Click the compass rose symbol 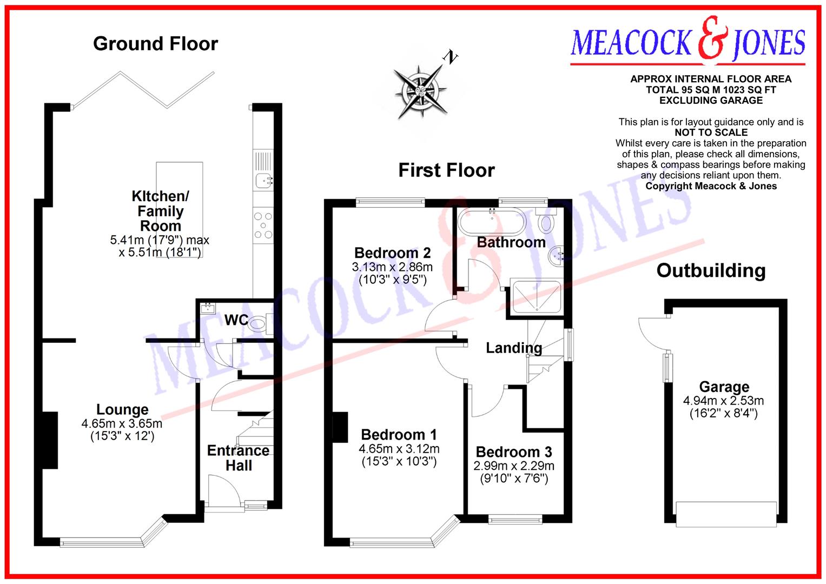(421, 89)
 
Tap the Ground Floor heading (155, 44)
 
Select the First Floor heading (446, 170)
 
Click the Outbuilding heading (711, 270)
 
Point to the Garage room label (724, 387)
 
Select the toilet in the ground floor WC (259, 324)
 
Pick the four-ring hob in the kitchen (263, 225)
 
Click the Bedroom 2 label (392, 253)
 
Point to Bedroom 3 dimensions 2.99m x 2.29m (514, 466)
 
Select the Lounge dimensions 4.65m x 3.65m (122, 423)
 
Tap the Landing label (513, 348)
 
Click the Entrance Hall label (238, 458)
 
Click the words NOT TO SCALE (711, 132)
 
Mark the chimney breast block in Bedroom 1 (340, 427)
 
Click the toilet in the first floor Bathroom (547, 222)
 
